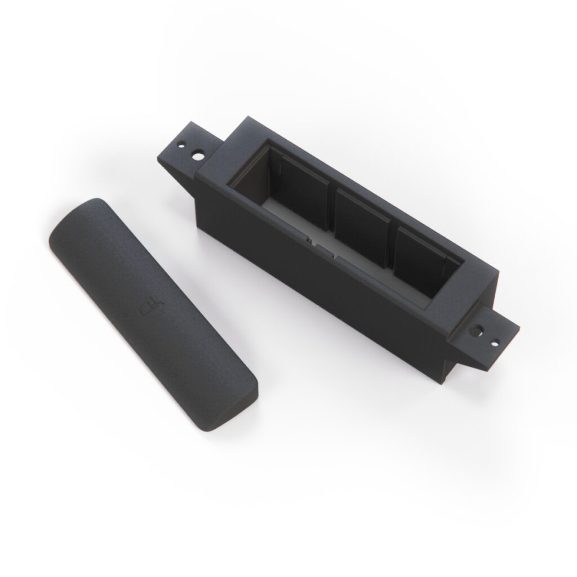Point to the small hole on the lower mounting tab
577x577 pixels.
point(495,340)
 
